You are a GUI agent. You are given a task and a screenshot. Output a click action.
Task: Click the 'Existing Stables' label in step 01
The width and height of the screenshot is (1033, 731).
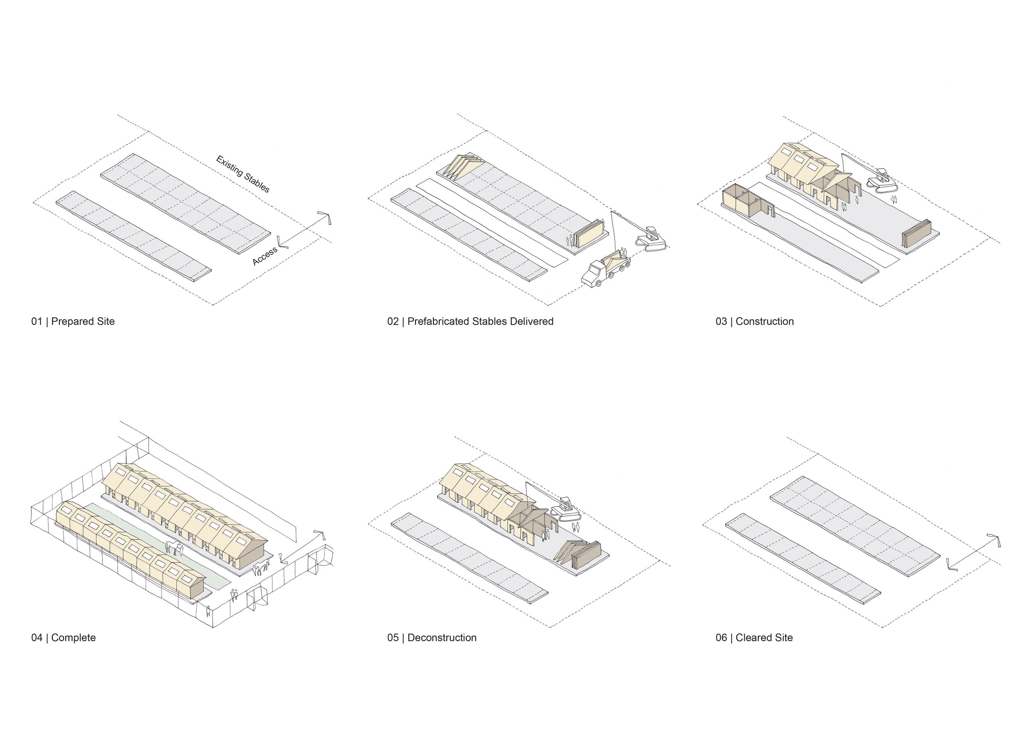tap(243, 174)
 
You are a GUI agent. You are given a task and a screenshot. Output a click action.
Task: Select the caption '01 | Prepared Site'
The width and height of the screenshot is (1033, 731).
tap(73, 321)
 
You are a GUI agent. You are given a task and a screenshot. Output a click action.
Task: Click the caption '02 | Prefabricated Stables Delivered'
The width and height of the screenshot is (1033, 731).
tap(470, 321)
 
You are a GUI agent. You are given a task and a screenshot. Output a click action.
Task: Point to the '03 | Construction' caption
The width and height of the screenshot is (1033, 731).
tap(755, 321)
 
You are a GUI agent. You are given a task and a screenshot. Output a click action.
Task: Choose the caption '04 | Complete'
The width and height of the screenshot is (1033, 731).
tap(64, 638)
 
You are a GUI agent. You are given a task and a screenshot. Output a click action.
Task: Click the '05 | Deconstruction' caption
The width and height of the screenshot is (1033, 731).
tap(431, 638)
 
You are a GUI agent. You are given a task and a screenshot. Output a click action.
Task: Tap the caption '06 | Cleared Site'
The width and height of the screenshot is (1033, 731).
tap(754, 638)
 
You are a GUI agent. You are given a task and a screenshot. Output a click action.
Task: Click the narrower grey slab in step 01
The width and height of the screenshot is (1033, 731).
tap(133, 236)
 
